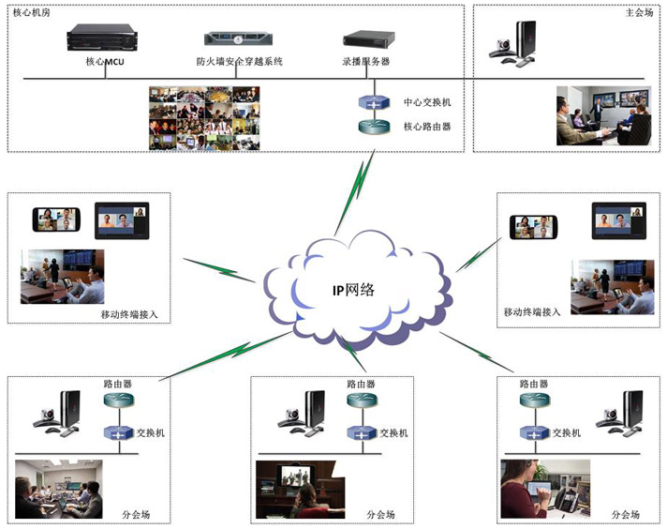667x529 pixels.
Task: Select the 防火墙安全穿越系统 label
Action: (x=239, y=61)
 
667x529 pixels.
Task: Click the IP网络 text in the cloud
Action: (x=353, y=289)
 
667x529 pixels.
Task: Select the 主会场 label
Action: (x=638, y=13)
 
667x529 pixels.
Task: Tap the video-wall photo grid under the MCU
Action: (x=203, y=117)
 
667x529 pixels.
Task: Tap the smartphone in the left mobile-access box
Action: (x=57, y=219)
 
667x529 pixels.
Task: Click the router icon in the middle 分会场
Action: (x=361, y=401)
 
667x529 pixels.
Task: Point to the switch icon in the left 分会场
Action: (x=118, y=433)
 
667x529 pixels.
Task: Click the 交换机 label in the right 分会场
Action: (x=567, y=433)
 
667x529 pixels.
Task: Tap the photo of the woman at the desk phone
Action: (x=544, y=489)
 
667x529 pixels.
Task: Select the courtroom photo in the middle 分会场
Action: (x=300, y=490)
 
